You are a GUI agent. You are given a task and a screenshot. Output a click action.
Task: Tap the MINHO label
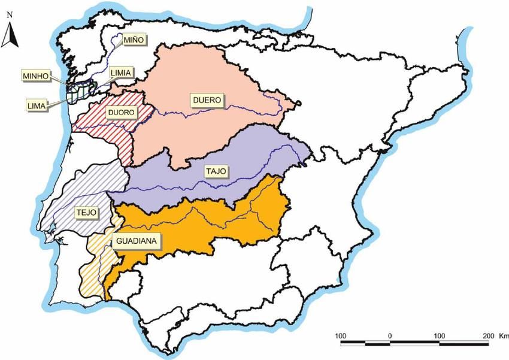35,76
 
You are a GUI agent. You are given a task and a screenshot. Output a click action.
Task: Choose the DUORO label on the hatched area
122,112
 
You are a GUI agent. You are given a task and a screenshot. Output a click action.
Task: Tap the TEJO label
86,212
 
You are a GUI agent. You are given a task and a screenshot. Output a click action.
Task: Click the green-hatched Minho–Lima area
78,93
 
